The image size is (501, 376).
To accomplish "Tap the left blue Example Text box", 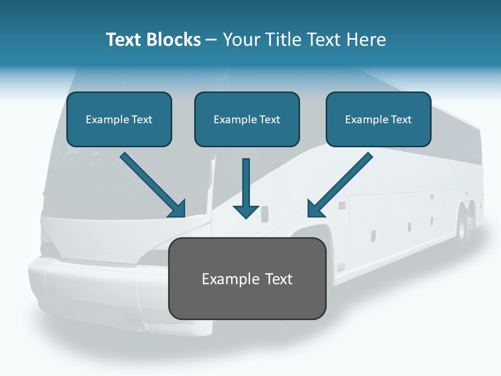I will pos(119,119).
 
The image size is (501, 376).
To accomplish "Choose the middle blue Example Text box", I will pos(247,119).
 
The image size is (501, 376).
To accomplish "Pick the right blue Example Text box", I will pos(378,119).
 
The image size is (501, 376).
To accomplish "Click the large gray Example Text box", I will pos(247,278).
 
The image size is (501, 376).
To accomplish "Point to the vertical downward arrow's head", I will pos(246,211).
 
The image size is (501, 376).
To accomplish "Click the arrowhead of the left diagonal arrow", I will pos(178,209).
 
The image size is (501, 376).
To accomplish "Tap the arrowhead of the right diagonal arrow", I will pos(314,209).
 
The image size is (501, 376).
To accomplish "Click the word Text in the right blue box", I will pos(401,120).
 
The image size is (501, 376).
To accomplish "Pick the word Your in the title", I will pos(242,40).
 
